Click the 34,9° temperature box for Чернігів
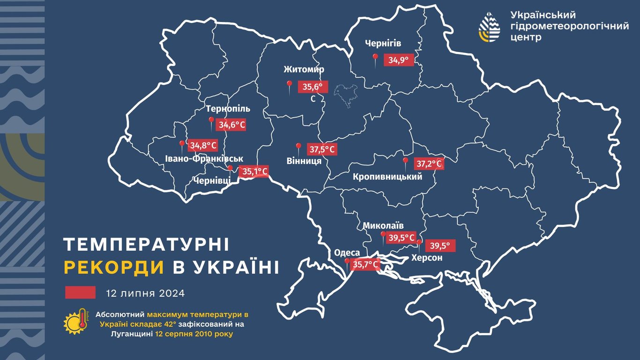(x=399, y=60)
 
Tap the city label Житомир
(x=304, y=70)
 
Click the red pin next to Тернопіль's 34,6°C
(x=211, y=123)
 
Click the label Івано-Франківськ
(x=204, y=158)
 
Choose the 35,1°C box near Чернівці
(x=254, y=172)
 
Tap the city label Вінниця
(x=304, y=161)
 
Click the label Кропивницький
(x=387, y=177)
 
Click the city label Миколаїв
(x=383, y=225)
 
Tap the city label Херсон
(x=427, y=258)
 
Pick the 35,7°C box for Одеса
(x=365, y=265)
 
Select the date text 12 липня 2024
(x=145, y=293)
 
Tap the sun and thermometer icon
(x=76, y=322)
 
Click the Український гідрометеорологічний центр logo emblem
(x=489, y=27)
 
